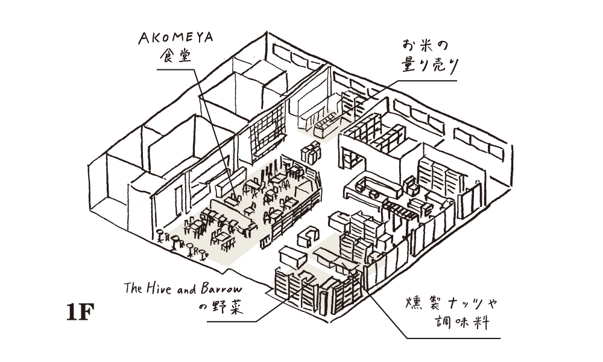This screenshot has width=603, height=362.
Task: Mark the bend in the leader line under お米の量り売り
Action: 396,81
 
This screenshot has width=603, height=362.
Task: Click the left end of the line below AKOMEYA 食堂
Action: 157,69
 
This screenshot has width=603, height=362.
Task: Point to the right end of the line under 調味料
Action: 500,338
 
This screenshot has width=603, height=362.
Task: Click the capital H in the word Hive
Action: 150,288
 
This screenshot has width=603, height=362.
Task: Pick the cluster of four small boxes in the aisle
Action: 311,152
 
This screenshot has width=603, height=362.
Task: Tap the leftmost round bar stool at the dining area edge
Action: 159,234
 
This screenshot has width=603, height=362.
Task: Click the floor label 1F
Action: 80,312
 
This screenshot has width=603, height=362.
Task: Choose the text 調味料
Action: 463,322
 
